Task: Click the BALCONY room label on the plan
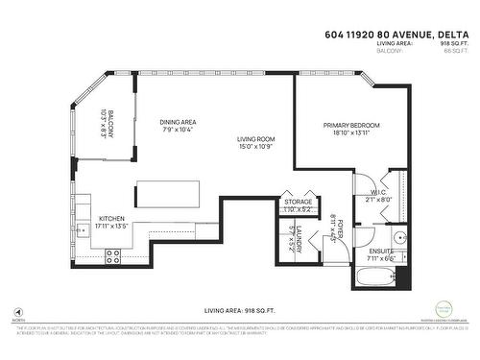click(109, 124)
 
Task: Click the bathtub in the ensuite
click(373, 278)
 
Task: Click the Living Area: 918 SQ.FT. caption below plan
click(239, 311)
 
